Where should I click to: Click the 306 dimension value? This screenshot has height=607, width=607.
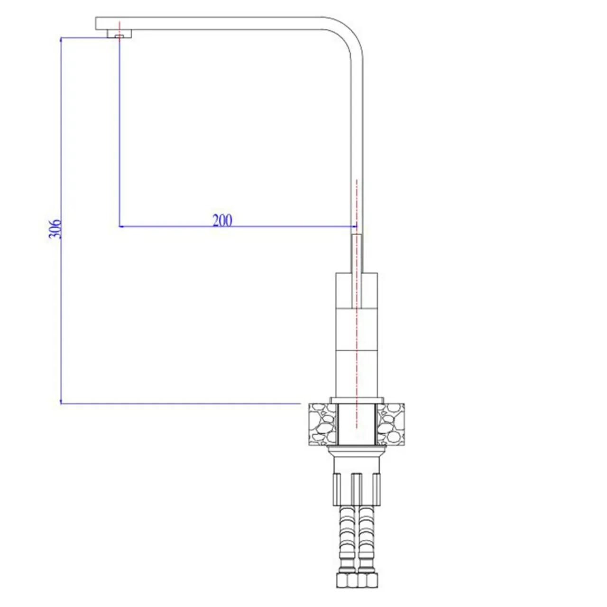click(x=55, y=229)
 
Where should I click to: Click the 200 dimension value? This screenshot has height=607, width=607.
click(x=222, y=221)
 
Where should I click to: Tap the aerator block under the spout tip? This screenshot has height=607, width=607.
click(x=120, y=34)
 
